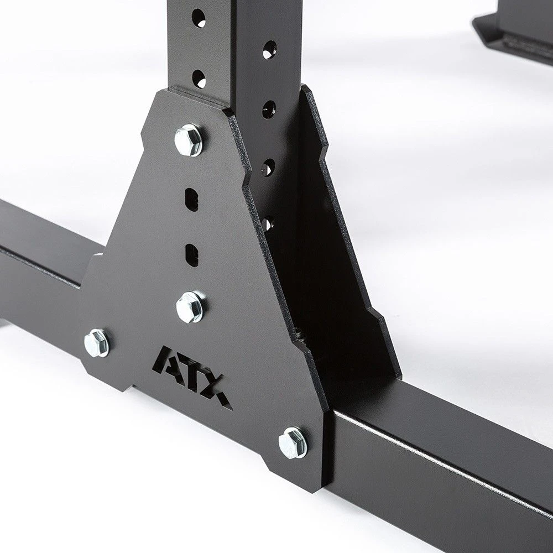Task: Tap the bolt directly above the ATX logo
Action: (189, 307)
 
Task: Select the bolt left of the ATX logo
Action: (96, 342)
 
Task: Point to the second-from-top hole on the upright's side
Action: (269, 107)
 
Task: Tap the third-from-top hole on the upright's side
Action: (268, 166)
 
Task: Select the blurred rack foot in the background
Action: (514, 28)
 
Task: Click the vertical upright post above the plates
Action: (232, 44)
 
